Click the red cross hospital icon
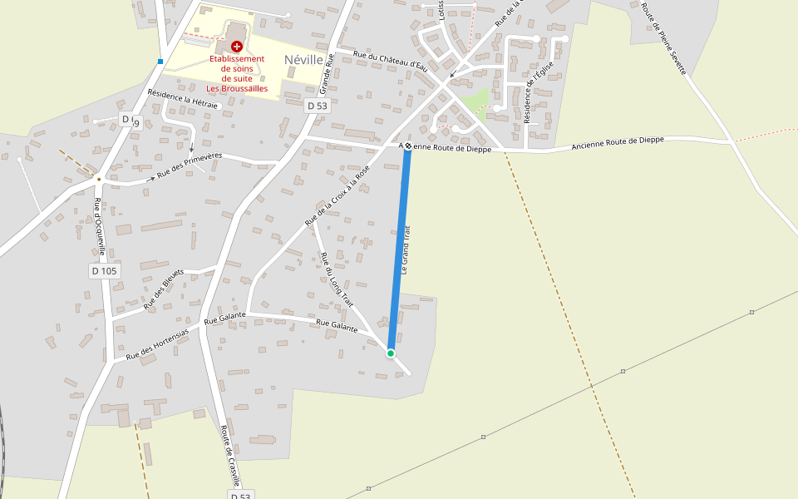click(x=237, y=47)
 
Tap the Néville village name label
click(x=303, y=60)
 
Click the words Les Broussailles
click(x=237, y=88)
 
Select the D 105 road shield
click(x=105, y=271)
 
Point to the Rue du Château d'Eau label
click(x=389, y=62)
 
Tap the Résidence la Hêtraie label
click(x=183, y=99)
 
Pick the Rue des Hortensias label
click(x=157, y=344)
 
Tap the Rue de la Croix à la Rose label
click(x=337, y=196)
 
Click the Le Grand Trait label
click(x=406, y=249)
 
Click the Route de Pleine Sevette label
click(x=663, y=38)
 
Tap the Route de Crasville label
click(x=230, y=456)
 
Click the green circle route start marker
click(x=391, y=353)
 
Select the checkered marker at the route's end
click(x=408, y=146)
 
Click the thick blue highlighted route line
click(x=400, y=249)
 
